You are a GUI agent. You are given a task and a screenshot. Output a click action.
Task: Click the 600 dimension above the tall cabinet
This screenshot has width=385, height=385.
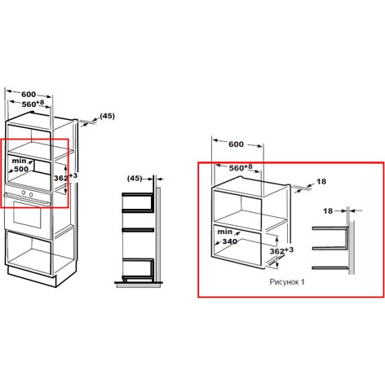tap(29, 95)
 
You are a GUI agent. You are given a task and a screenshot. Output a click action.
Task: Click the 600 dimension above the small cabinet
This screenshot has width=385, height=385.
tap(236, 144)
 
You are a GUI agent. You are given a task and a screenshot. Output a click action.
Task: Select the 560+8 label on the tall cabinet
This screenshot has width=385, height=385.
tap(33, 104)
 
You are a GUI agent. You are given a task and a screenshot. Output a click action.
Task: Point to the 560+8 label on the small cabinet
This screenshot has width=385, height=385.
tap(241, 167)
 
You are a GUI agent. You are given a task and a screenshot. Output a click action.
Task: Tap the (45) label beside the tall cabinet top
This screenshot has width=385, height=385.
tap(107, 116)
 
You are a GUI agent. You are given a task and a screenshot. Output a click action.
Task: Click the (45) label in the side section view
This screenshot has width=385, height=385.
tap(135, 179)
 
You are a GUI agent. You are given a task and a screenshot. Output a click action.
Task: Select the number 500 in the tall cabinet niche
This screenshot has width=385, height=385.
tap(21, 169)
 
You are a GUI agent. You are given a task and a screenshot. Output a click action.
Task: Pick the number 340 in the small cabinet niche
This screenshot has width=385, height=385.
tap(230, 241)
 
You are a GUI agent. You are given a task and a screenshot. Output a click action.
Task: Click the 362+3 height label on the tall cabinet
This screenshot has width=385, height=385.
tap(65, 177)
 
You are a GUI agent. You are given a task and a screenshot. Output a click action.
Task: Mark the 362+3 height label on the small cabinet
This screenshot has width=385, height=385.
tap(281, 250)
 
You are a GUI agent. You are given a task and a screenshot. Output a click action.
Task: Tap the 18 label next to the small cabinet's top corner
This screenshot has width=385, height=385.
tap(321, 181)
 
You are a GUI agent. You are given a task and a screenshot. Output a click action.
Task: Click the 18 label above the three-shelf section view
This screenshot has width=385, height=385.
tap(328, 210)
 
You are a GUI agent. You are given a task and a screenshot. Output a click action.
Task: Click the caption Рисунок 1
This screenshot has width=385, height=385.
tap(287, 282)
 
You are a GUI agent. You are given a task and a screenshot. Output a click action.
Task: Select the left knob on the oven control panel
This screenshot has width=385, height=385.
tap(24, 192)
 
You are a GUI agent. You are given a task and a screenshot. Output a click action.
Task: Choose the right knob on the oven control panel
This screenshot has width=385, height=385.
tap(31, 195)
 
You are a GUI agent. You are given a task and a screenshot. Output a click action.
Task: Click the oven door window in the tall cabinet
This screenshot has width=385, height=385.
tap(27, 215)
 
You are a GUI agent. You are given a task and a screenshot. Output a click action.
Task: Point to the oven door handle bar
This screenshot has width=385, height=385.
tap(27, 198)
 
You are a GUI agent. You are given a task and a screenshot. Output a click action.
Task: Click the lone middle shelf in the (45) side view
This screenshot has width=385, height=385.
tap(138, 230)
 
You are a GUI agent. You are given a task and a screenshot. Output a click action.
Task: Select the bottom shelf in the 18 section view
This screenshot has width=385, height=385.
tap(330, 268)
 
